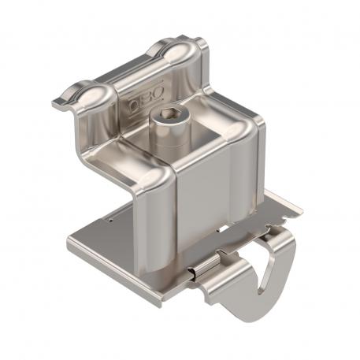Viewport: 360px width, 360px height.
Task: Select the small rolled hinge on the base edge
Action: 204,270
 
